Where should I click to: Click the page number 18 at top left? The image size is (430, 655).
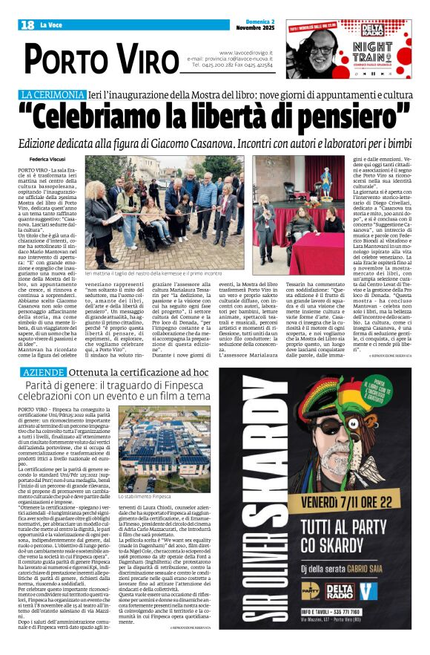pyautogui.click(x=27, y=25)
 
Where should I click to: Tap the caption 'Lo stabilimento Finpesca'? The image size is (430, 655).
pyautogui.click(x=145, y=475)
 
